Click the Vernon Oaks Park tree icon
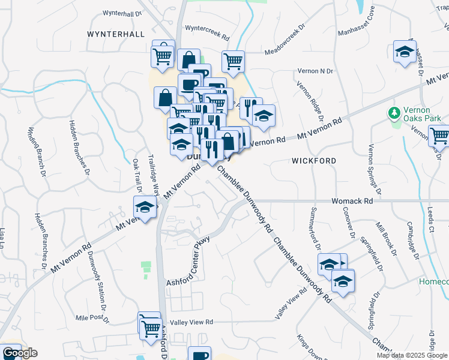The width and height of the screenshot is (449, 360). (x=394, y=112)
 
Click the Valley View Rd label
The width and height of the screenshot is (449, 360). (x=192, y=322)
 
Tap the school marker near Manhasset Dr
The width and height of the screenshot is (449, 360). (x=405, y=52)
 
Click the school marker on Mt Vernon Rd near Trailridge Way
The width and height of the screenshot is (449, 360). (x=145, y=208)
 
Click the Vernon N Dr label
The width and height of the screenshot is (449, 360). (x=315, y=71)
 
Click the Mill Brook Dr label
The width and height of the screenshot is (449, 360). (x=387, y=238)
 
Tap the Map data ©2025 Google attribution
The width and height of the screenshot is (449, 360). (x=412, y=355)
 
